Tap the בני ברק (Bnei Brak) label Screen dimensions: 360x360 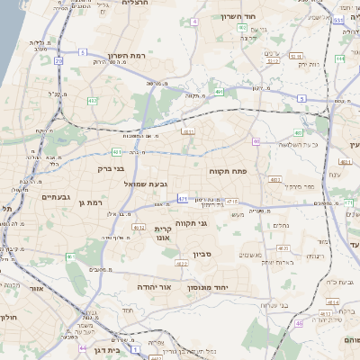coord(107,168)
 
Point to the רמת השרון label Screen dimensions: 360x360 coord(127,56)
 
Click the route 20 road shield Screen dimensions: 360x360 coord(58,60)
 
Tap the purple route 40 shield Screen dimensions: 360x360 coord(256,141)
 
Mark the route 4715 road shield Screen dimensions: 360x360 coord(232,201)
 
